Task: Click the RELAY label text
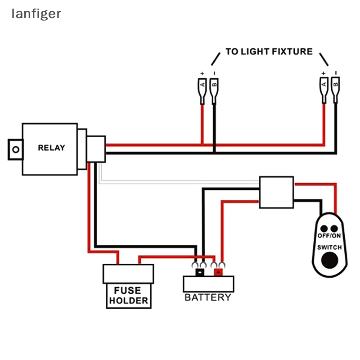tap(51, 148)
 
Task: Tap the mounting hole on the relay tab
tap(17, 149)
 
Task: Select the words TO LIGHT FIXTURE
tap(269, 51)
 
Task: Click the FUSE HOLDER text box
tap(128, 296)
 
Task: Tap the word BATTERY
tap(208, 297)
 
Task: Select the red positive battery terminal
tap(219, 272)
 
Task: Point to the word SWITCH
tap(329, 247)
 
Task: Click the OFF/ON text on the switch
tap(329, 236)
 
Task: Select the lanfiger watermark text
tap(36, 14)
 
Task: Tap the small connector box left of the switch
tap(276, 192)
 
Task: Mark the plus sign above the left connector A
tap(202, 73)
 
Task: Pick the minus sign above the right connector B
tap(335, 73)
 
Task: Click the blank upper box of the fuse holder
tap(128, 274)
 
